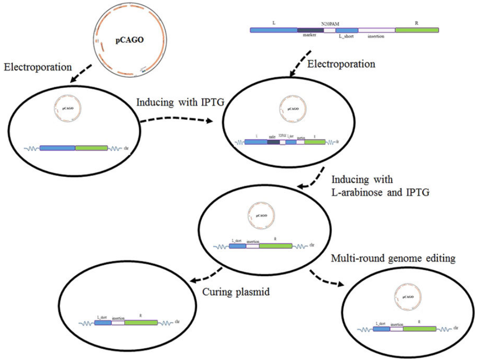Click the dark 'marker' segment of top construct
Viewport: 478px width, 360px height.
(x=311, y=30)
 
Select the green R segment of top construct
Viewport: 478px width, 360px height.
(x=417, y=30)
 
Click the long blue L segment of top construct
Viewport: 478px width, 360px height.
(x=274, y=30)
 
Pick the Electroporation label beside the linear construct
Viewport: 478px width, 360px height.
(x=342, y=63)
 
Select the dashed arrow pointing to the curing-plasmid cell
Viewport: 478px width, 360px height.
(x=207, y=275)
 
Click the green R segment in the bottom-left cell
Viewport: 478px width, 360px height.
(x=140, y=323)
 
